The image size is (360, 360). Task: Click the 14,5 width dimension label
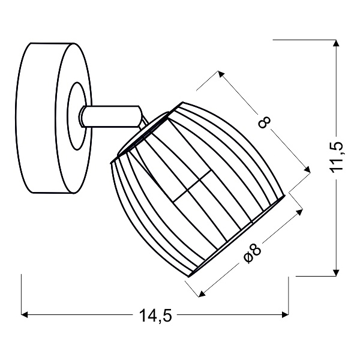155,316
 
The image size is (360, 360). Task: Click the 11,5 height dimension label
336,156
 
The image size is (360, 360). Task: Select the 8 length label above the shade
265,122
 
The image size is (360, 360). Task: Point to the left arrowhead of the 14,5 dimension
24,315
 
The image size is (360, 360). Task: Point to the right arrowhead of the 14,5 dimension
286,315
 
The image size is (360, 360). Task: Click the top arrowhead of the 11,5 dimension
336,43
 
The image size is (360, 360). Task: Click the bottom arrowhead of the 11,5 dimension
336,272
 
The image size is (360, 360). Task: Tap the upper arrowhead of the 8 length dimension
221,74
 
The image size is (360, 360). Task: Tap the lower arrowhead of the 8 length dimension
307,169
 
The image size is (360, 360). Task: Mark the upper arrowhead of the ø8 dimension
299,212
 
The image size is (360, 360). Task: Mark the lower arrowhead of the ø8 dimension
202,294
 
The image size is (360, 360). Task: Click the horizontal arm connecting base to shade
110,116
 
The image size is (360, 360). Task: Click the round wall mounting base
53,118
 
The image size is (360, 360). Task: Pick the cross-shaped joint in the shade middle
193,185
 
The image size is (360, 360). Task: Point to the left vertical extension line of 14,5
21,295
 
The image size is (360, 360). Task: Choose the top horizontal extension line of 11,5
304,40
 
